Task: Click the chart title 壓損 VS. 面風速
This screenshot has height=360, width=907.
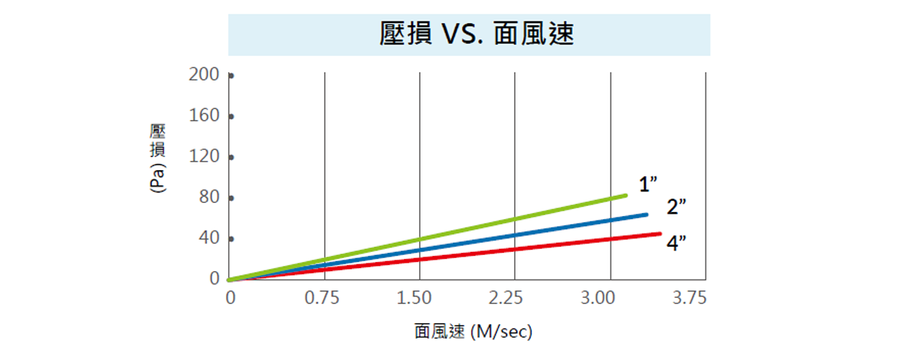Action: (x=476, y=34)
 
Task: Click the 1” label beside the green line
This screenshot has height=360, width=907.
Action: (x=648, y=185)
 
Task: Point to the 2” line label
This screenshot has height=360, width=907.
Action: (x=676, y=208)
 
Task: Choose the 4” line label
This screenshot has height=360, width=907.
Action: (x=676, y=244)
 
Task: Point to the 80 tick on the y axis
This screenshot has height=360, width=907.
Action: (x=211, y=198)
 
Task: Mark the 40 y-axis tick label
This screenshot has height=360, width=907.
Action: (x=211, y=238)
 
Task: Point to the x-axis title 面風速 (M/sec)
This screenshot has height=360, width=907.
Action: (x=473, y=332)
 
